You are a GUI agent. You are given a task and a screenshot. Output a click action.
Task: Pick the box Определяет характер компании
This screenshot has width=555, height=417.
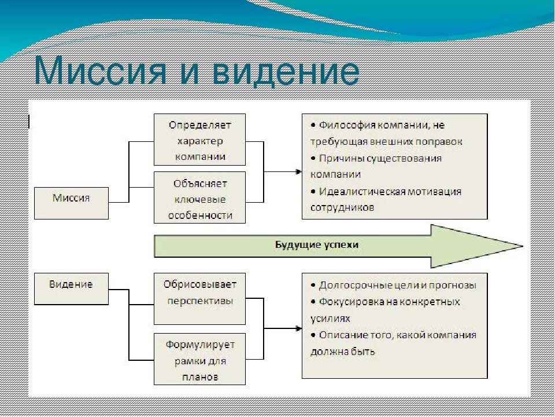coord(199,140)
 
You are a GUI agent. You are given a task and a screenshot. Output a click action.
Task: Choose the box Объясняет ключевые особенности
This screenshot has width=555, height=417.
coord(199,198)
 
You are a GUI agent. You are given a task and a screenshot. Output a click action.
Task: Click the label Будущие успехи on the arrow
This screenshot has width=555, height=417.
coord(316,245)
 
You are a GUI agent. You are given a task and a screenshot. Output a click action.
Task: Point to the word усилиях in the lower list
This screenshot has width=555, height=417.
coord(330,318)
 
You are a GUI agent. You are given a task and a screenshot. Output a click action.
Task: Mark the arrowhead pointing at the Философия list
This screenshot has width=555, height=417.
coord(298,171)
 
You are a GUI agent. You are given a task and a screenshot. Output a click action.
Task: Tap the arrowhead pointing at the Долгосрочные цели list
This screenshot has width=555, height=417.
coord(298,329)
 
